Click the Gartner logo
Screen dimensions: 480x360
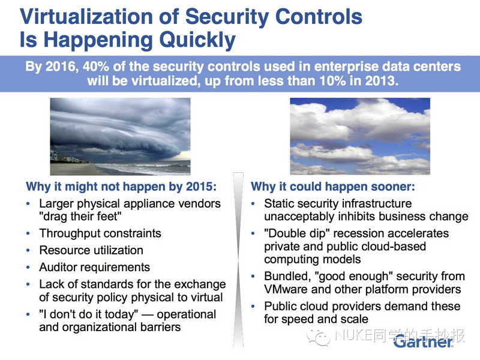[424, 341]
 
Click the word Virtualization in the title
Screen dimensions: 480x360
[86, 16]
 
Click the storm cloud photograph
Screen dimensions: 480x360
[121, 137]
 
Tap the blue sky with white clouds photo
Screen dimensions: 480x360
[360, 136]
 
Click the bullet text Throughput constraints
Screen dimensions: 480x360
[100, 233]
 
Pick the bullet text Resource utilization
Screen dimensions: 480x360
[91, 250]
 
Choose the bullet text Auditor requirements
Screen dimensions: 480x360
[95, 267]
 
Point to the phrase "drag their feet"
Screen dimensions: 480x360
[80, 217]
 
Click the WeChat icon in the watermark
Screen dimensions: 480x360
[319, 338]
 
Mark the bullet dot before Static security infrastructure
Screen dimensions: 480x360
[253, 203]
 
